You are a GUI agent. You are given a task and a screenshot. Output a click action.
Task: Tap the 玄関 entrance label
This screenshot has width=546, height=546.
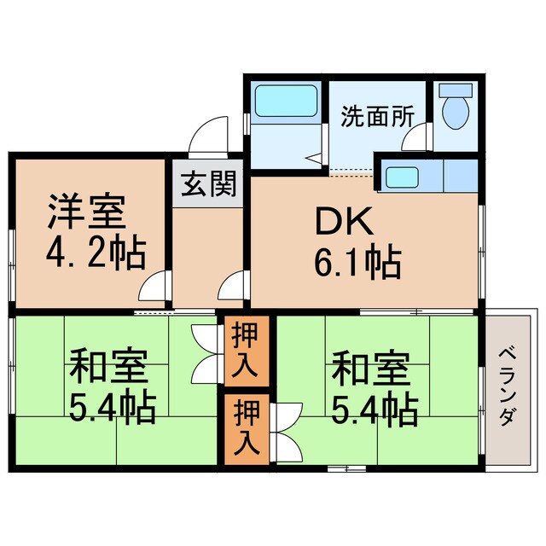[207, 183]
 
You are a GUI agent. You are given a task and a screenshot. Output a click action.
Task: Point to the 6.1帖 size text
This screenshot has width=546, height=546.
[357, 264]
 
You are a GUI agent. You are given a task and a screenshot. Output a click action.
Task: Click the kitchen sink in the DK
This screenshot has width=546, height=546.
[400, 177]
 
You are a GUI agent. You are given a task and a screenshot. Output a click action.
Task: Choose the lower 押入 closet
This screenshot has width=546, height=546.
[246, 429]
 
